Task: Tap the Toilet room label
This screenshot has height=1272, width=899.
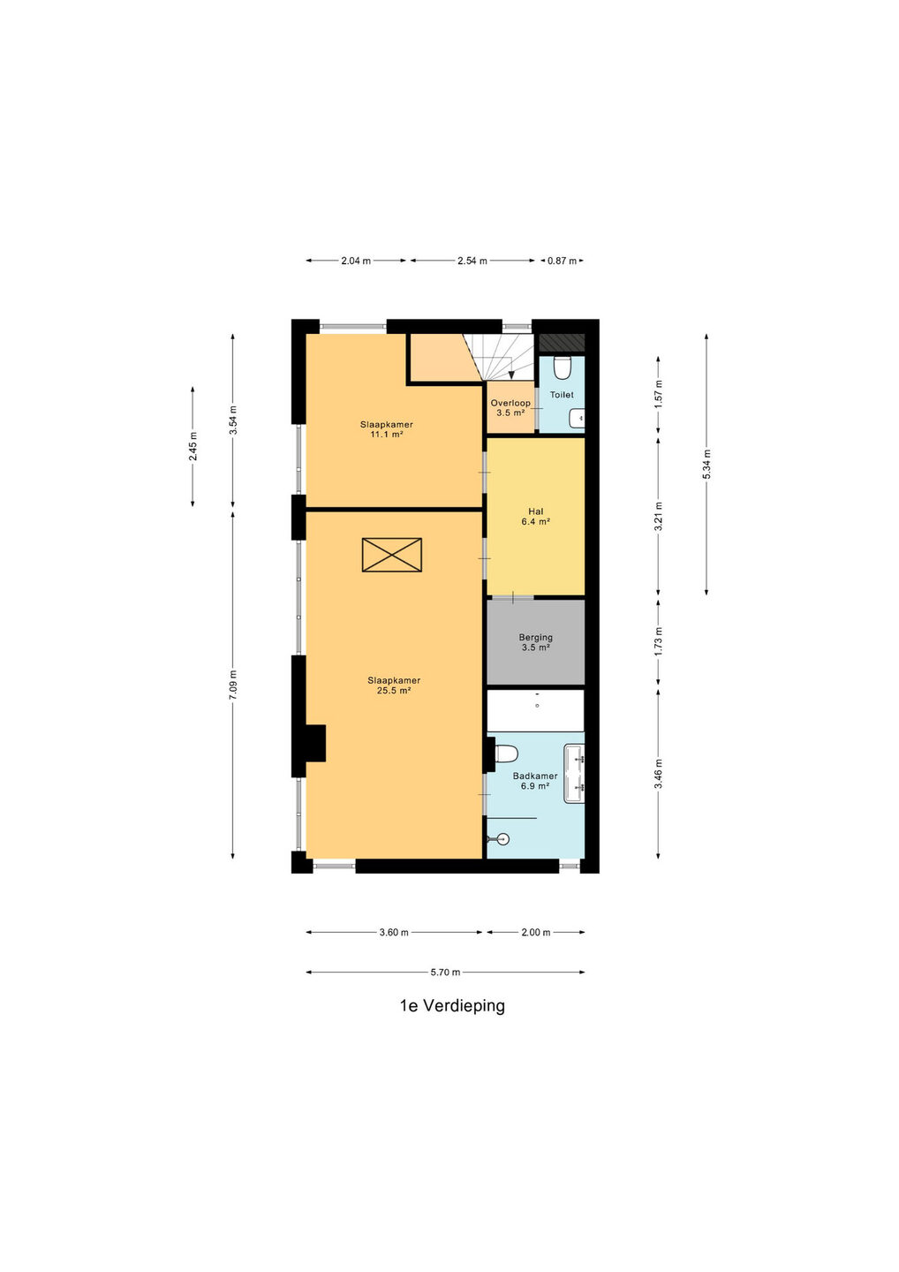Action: click(562, 395)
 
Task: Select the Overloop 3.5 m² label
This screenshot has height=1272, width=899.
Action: click(510, 408)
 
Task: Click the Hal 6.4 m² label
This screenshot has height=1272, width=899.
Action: click(536, 516)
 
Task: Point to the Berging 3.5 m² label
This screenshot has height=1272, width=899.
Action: click(536, 641)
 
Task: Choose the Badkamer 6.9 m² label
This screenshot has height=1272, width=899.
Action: click(535, 781)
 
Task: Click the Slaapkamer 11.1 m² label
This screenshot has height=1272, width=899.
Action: click(386, 429)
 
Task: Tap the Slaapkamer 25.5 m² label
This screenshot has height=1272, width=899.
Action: click(394, 685)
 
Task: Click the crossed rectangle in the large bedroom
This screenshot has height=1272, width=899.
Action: click(391, 555)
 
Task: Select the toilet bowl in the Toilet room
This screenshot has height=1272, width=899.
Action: click(562, 367)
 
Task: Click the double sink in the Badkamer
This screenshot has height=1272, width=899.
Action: click(574, 774)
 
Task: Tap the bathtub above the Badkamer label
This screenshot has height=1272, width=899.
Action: click(535, 710)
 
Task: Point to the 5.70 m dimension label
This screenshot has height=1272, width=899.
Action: click(445, 973)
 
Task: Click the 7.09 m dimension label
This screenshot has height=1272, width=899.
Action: click(232, 685)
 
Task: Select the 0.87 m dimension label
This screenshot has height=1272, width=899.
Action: click(562, 261)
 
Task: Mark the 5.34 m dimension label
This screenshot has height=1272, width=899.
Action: click(706, 464)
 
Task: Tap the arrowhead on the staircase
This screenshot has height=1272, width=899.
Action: click(511, 375)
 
